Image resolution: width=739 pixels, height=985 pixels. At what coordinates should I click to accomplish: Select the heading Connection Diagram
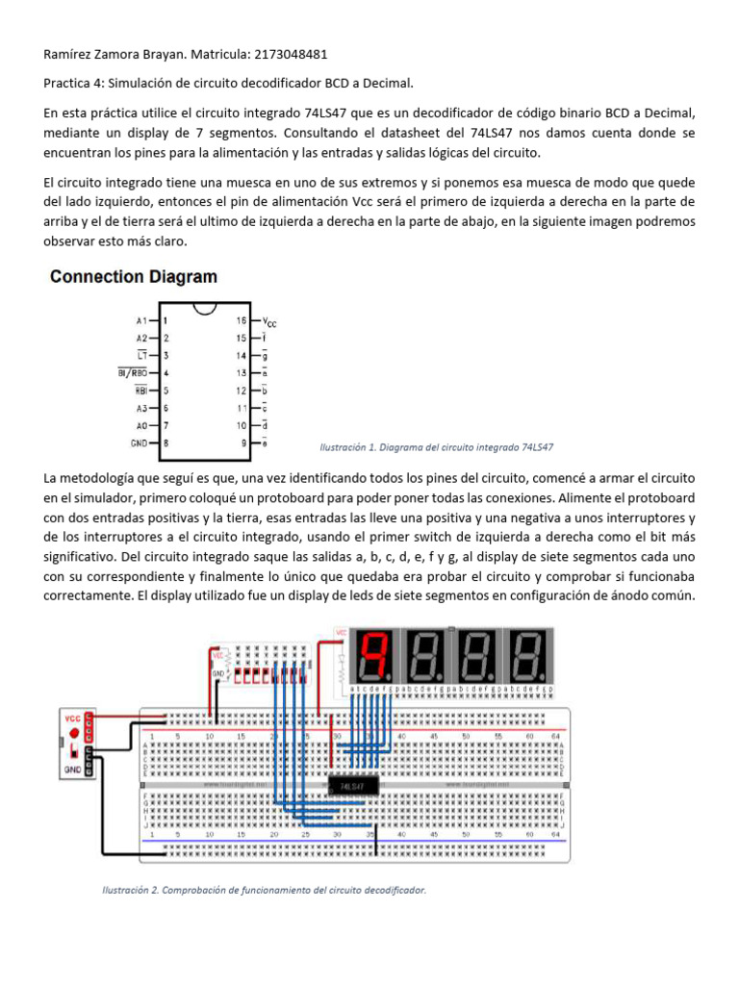[134, 277]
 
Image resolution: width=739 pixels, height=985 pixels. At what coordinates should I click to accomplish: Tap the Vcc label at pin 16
[269, 322]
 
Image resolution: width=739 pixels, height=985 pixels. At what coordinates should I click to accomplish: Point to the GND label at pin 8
[139, 443]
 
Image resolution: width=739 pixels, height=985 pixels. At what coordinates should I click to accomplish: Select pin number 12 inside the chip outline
[242, 391]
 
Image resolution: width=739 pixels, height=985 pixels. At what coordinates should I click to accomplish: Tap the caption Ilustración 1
[436, 447]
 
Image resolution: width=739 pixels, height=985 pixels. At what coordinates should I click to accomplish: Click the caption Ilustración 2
[264, 890]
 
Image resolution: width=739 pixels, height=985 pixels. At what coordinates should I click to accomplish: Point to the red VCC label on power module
[72, 718]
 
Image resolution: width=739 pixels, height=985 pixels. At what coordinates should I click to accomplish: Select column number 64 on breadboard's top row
[556, 736]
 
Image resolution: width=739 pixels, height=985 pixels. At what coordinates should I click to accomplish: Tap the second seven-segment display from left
[426, 654]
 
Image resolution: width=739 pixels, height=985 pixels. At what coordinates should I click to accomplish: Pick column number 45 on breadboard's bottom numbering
[434, 834]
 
